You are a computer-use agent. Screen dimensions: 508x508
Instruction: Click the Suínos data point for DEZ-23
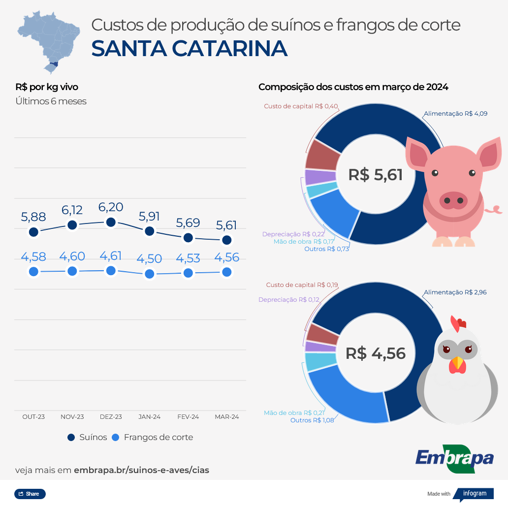point(111,222)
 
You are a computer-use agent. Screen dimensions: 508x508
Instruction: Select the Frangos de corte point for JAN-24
point(150,274)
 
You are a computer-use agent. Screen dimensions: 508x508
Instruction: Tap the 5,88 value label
point(33,217)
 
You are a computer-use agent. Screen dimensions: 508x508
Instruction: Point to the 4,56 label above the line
point(226,257)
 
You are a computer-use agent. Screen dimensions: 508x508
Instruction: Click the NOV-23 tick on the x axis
point(72,416)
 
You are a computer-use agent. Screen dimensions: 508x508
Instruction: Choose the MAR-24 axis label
point(227,416)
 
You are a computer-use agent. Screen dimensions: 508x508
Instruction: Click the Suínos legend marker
point(71,437)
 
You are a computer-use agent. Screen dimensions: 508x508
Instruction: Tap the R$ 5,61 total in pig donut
point(375,175)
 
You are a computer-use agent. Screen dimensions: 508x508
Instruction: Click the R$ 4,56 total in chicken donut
point(375,353)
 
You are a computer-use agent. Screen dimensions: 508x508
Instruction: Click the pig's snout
point(453,200)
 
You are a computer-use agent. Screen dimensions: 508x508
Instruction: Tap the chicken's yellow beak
point(458,363)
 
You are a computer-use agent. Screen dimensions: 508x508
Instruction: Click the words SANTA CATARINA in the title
point(190,48)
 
